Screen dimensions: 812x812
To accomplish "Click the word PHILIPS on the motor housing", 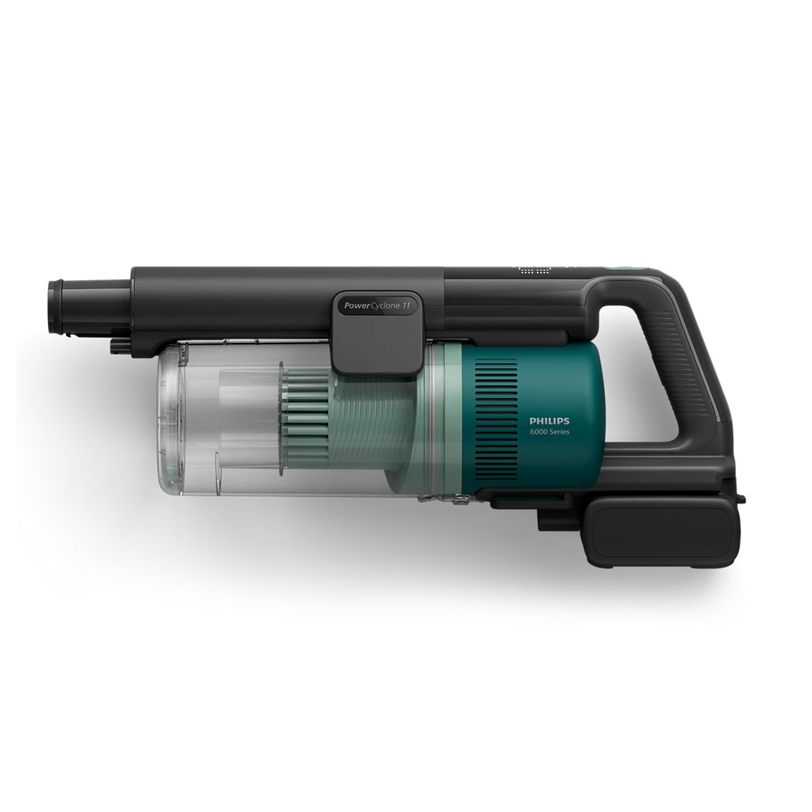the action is pos(549,421).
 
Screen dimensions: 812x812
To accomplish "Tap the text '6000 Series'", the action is pos(549,432).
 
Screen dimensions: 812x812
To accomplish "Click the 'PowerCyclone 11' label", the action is pos(377,305).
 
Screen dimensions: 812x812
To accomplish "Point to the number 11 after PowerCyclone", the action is pos(406,305).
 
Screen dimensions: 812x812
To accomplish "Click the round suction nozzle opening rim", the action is pos(54,306).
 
